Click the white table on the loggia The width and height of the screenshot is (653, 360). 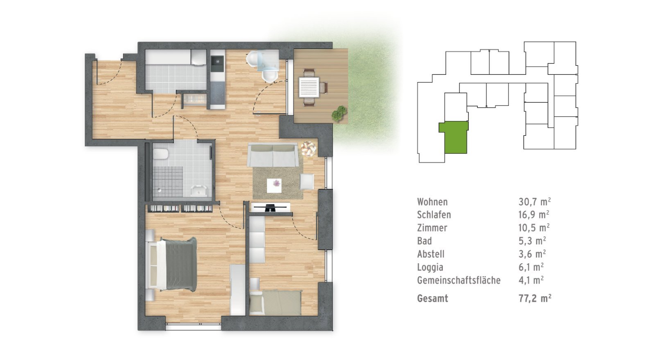point(309,86)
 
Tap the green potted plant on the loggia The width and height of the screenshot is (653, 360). point(340,113)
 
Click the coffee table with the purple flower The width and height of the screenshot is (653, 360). point(275,184)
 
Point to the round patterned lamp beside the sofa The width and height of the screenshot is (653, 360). point(308,149)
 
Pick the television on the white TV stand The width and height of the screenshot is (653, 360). point(270,207)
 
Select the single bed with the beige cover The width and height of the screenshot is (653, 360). point(275,303)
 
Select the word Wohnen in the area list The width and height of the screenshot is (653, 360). point(432,202)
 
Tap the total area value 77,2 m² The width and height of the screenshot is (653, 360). point(535,298)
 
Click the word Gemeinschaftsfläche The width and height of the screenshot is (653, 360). point(459,280)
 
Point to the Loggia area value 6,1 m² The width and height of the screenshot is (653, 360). point(531,267)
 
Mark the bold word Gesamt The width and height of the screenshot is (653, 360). point(432,298)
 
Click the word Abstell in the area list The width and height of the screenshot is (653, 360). point(430,254)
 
